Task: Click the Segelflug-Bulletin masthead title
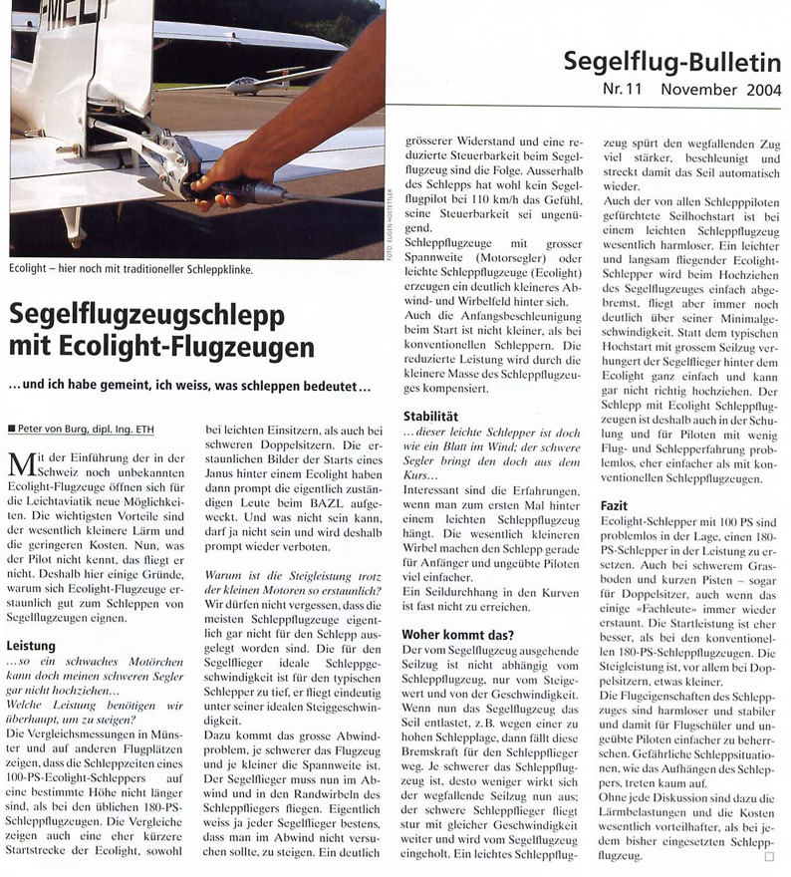pyautogui.click(x=672, y=62)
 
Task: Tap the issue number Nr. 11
pyautogui.click(x=626, y=91)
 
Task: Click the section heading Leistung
pyautogui.click(x=33, y=647)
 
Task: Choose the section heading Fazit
pyautogui.click(x=615, y=507)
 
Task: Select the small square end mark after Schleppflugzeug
pyautogui.click(x=768, y=856)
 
